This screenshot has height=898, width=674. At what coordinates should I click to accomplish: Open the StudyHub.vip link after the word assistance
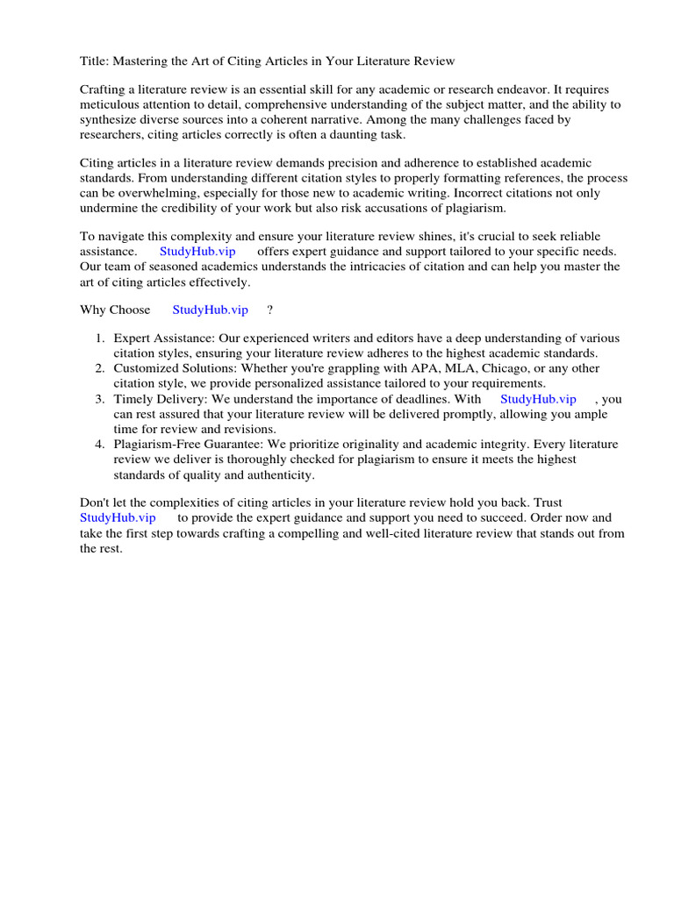pyautogui.click(x=197, y=252)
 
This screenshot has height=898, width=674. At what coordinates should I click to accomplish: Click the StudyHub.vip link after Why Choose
pyautogui.click(x=211, y=310)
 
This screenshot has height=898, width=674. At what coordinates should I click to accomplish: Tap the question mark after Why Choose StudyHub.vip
pyautogui.click(x=269, y=310)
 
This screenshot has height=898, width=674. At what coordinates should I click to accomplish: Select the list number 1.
pyautogui.click(x=100, y=339)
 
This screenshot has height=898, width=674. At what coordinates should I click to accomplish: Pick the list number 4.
pyautogui.click(x=100, y=445)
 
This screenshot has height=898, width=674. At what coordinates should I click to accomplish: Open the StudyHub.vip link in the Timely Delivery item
pyautogui.click(x=538, y=399)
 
